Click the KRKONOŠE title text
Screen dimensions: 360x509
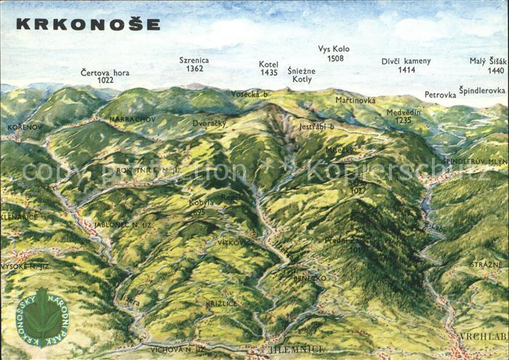coord(88,24)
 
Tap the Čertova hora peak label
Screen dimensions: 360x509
coord(105,73)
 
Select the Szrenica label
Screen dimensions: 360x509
coord(194,60)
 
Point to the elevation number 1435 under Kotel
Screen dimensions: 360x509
coord(268,73)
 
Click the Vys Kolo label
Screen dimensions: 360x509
coord(334,49)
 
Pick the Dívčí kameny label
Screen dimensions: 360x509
coord(406,61)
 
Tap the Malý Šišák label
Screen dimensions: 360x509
coord(486,61)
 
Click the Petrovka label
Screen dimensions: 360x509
coord(440,95)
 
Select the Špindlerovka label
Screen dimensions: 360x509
coord(481,91)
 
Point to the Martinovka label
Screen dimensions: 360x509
coord(355,100)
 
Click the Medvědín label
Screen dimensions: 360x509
coord(404,112)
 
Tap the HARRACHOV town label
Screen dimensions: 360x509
coord(132,119)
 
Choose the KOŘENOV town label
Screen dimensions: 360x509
coord(25,127)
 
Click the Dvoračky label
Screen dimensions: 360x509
coord(209,123)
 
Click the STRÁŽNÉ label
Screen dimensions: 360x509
coord(485,265)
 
